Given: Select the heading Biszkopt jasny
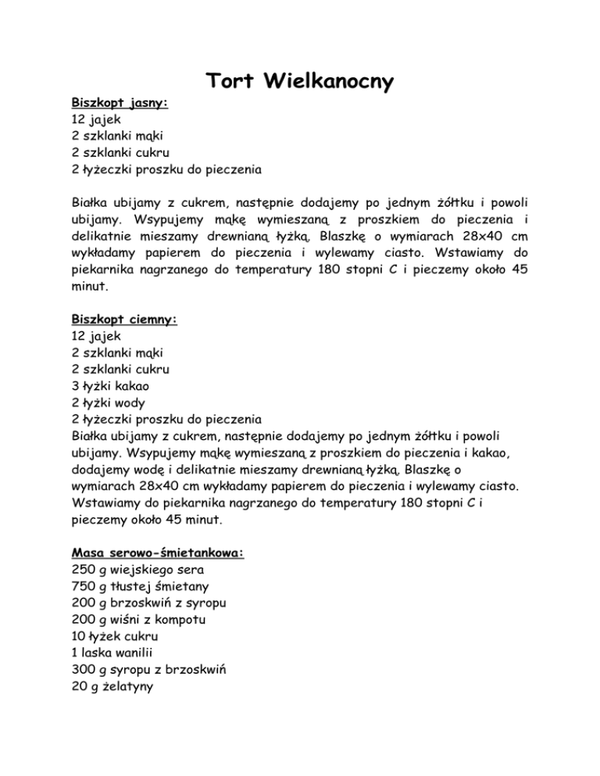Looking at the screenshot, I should click(120, 102).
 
